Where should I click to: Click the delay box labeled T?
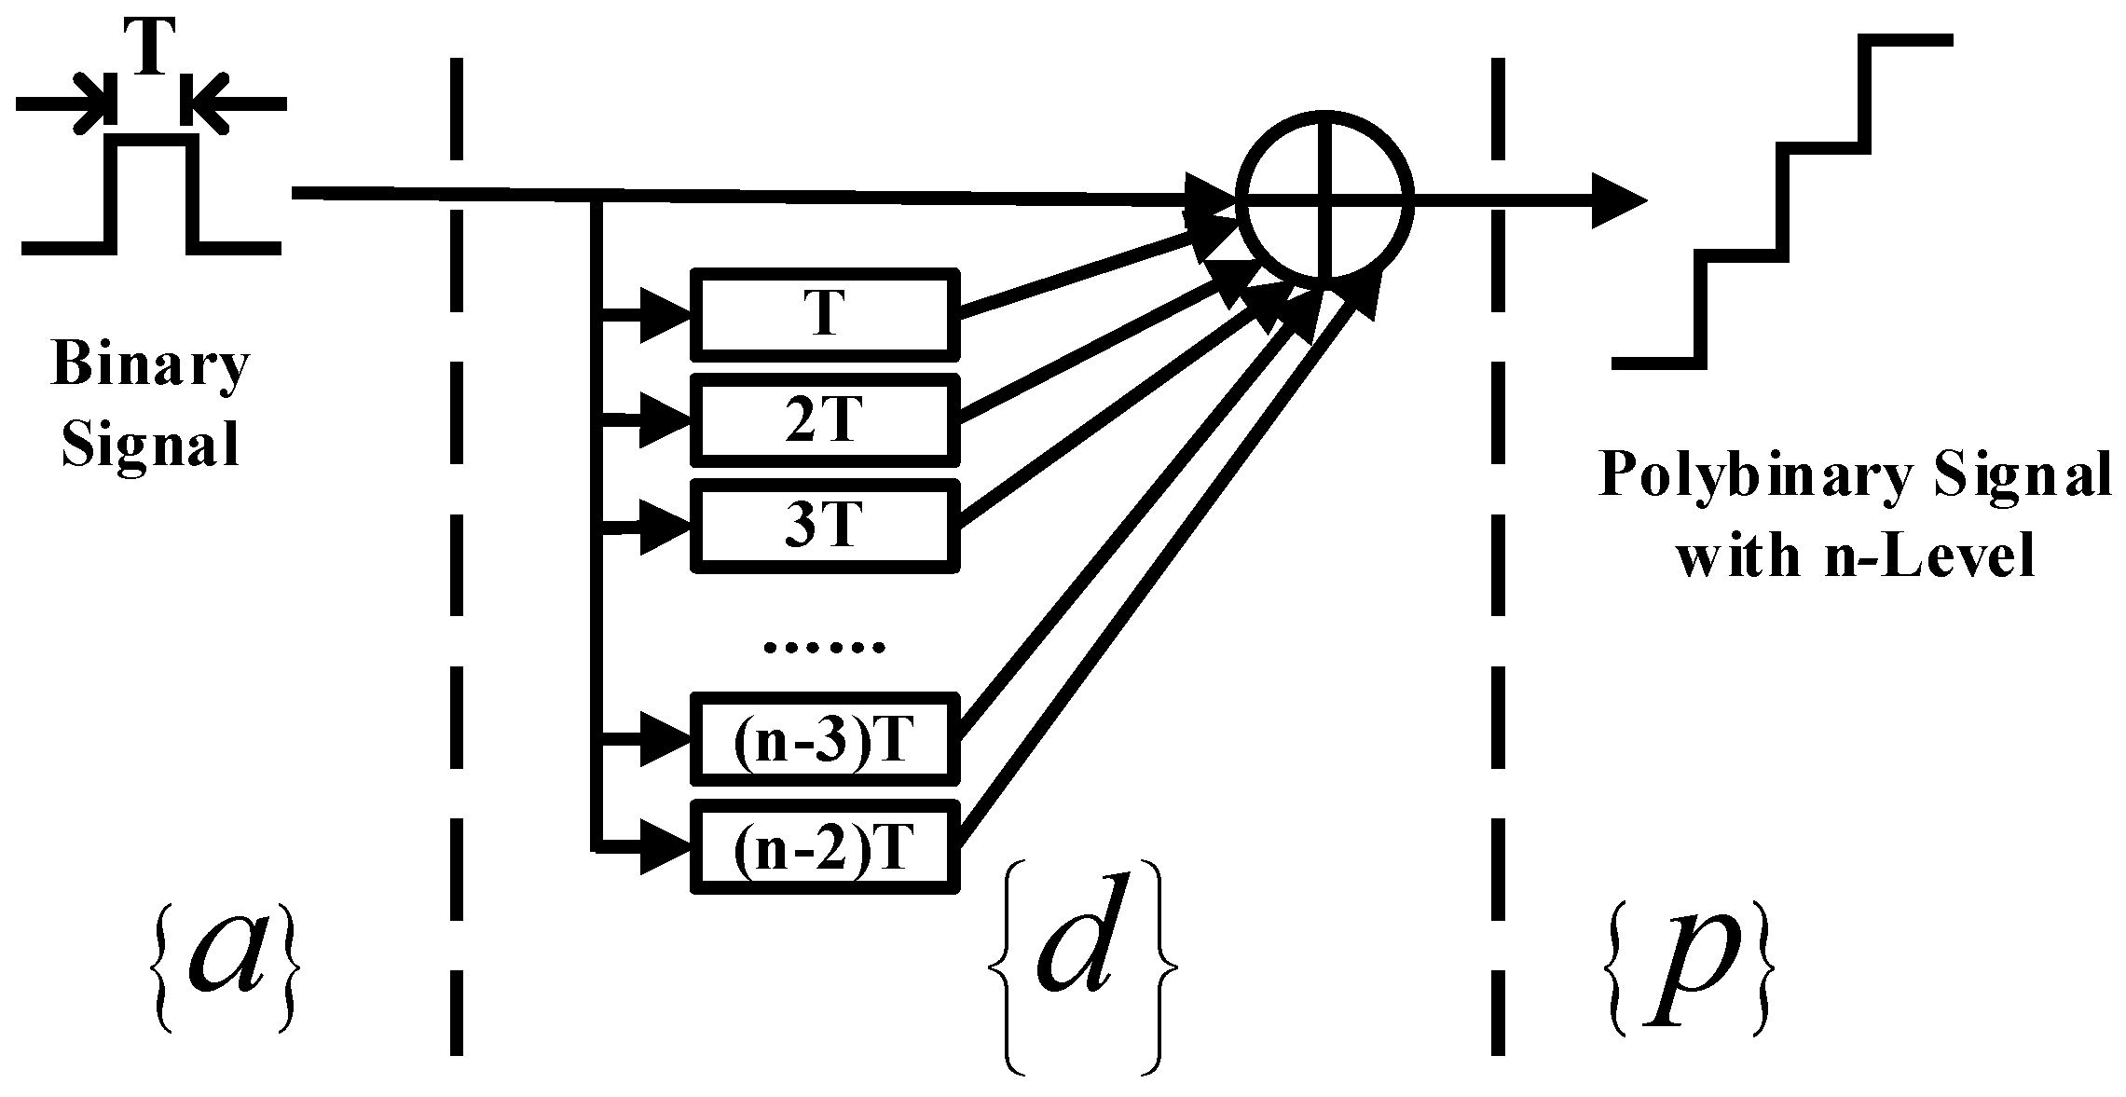(824, 313)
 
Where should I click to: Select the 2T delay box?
(824, 419)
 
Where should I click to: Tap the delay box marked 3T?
(824, 525)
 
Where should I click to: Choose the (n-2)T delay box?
(824, 846)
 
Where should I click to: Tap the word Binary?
(150, 364)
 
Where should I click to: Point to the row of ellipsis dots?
(824, 646)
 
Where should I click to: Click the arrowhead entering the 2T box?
(665, 421)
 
